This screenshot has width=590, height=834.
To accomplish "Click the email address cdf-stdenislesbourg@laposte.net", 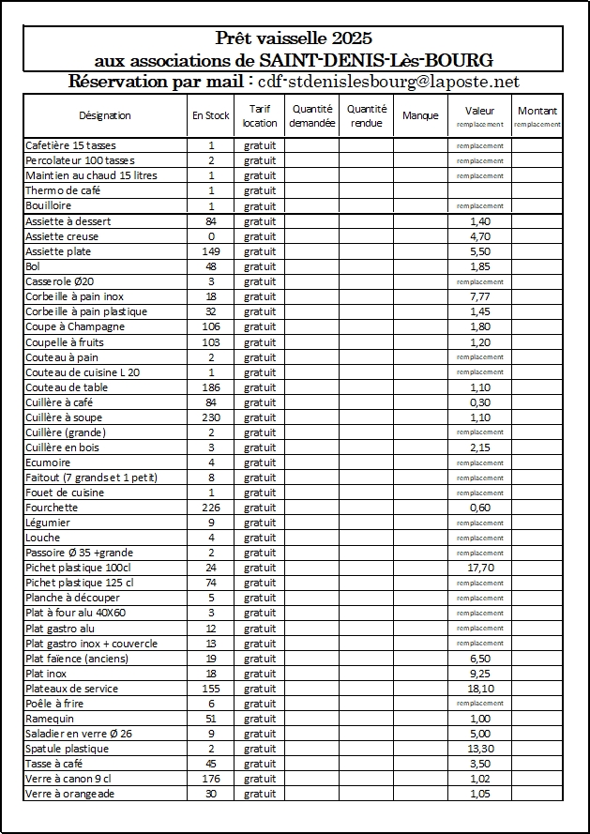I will tap(388, 83).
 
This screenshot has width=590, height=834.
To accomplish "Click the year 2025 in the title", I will tap(352, 38).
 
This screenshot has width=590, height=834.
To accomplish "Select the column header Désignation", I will tap(104, 115).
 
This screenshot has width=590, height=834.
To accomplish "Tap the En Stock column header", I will tap(211, 115).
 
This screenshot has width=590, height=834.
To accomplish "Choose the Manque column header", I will tap(420, 115).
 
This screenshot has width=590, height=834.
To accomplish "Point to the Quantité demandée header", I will tap(311, 115).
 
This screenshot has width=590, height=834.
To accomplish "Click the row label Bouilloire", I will tap(49, 205).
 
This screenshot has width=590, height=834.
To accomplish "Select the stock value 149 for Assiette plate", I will tap(211, 251).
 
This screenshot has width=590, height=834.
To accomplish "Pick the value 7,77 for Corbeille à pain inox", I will tap(479, 296).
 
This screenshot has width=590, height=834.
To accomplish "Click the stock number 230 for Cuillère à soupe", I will tap(211, 417).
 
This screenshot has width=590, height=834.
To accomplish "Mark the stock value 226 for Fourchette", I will tap(211, 508).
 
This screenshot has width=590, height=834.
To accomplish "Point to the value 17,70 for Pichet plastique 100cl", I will tap(479, 568).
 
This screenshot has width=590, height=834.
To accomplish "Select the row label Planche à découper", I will tap(72, 598).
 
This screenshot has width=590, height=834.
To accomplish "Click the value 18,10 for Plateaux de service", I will tap(479, 689).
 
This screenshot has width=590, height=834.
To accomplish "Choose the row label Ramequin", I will tap(49, 719).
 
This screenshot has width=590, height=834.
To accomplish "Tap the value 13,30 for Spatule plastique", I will tap(479, 749).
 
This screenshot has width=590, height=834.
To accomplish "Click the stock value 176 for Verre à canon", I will tap(211, 779).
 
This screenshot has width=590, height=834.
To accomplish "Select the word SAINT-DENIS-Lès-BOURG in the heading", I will tap(386, 60).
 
